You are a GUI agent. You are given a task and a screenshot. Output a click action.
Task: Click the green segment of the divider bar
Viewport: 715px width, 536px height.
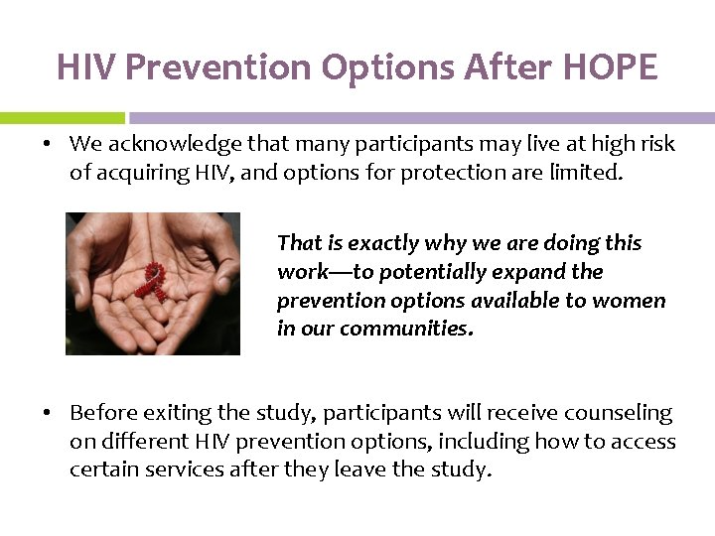click(x=62, y=117)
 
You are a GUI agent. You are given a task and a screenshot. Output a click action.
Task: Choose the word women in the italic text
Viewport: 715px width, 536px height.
click(x=637, y=300)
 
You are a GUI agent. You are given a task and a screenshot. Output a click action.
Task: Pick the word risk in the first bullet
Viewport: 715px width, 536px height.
click(x=655, y=144)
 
